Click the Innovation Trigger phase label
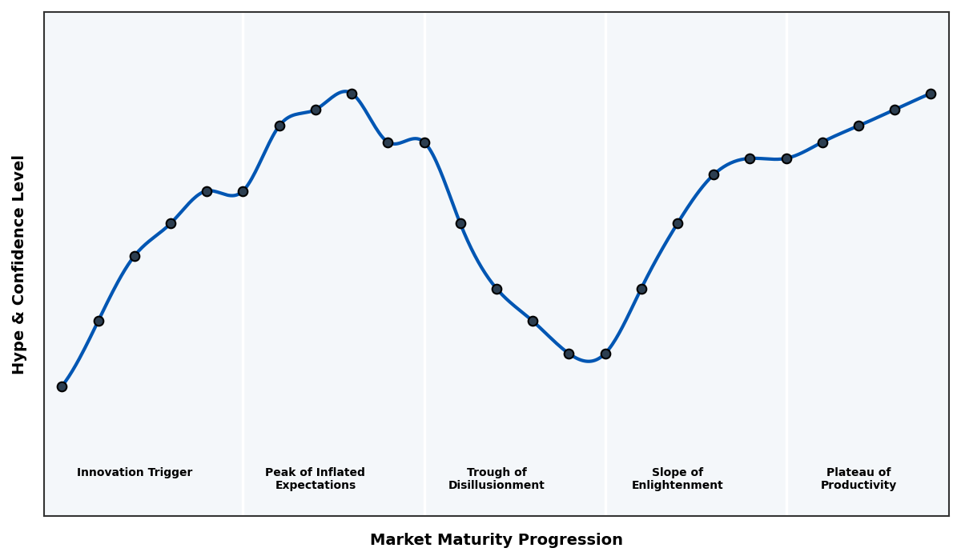[x=135, y=473]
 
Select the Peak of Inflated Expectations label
[x=315, y=478]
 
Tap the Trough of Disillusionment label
[x=496, y=478]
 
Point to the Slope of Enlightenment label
[x=677, y=478]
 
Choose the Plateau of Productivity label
[x=858, y=478]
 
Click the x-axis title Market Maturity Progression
[x=496, y=540]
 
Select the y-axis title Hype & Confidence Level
[x=19, y=264]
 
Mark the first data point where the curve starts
[x=62, y=386]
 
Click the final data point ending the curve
[x=931, y=94]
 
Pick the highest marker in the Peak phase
[x=352, y=94]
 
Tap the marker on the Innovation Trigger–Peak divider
[x=243, y=191]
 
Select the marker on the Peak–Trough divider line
[x=424, y=142]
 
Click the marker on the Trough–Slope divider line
[x=605, y=354]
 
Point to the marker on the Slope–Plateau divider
[x=786, y=158]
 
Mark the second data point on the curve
[x=99, y=321]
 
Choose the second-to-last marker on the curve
[x=895, y=110]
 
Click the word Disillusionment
[x=496, y=486]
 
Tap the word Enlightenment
[x=677, y=486]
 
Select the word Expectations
[x=315, y=486]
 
